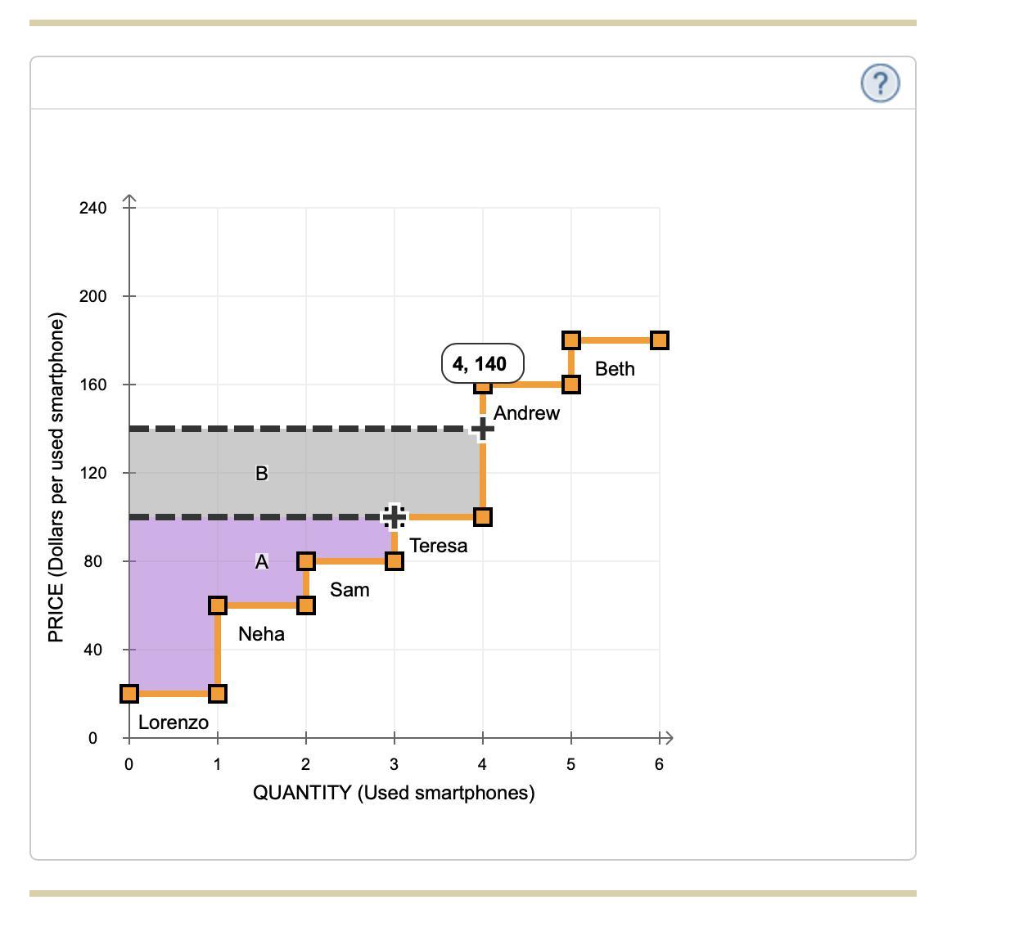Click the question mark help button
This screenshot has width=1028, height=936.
(880, 83)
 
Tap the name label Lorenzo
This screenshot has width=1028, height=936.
(174, 722)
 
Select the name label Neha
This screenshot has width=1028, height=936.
(261, 634)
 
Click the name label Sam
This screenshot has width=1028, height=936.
(349, 590)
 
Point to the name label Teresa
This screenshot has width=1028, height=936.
(439, 546)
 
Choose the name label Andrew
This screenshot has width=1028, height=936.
(526, 413)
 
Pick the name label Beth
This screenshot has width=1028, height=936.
(615, 369)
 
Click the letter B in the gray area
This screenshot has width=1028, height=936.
(261, 473)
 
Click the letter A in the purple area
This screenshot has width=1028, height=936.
(261, 562)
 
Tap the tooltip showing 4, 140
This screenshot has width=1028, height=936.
(482, 364)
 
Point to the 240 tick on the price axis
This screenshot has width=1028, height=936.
(93, 208)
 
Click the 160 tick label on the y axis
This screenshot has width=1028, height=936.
(93, 385)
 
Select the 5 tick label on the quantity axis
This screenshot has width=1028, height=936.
(570, 764)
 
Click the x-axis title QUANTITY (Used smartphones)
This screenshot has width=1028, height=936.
(394, 793)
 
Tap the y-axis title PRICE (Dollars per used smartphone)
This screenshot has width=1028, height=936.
(56, 478)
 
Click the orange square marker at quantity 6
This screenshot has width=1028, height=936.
(660, 340)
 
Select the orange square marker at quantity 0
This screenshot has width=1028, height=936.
(129, 694)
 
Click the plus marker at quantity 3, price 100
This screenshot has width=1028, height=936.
(394, 517)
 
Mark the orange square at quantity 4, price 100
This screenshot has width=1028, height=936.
(483, 517)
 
